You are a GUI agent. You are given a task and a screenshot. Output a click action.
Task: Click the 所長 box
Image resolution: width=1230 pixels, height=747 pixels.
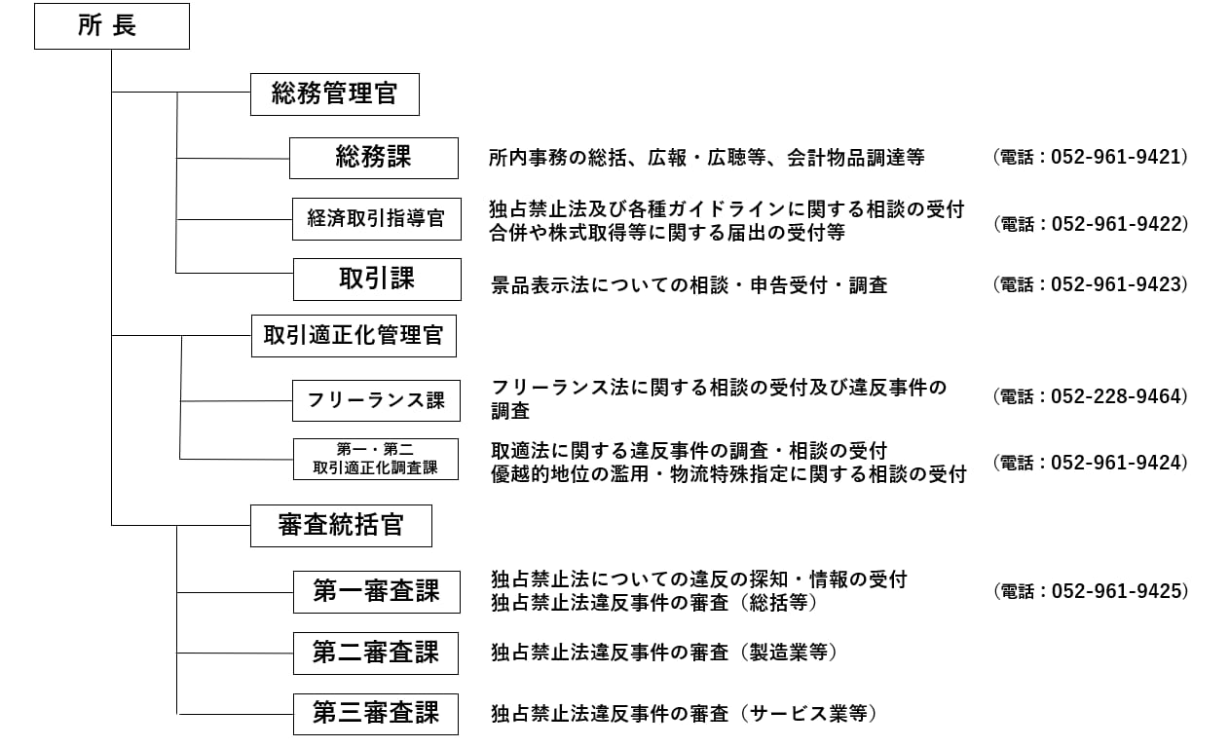111,26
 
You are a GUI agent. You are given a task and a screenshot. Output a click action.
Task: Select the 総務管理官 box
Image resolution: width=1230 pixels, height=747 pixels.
335,94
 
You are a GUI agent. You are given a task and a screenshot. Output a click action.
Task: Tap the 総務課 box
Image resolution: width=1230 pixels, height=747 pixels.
373,158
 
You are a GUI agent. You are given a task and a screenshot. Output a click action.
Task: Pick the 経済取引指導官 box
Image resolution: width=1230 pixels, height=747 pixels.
376,219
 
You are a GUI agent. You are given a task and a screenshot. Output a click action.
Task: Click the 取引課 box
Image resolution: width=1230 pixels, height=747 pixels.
376,280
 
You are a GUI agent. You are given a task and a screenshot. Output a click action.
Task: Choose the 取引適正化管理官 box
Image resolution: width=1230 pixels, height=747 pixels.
354,335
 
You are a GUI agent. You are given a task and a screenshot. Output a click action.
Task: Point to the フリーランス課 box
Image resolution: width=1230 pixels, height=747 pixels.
376,400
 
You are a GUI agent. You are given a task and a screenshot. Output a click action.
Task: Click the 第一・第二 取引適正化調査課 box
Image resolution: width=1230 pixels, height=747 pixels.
375,459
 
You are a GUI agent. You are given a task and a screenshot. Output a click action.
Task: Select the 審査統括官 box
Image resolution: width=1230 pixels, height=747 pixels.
341,526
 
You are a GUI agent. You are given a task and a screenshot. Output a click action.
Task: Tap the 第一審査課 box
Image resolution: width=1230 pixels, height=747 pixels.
376,591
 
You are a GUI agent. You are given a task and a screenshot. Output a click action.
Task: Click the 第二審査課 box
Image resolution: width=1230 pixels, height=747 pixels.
375,653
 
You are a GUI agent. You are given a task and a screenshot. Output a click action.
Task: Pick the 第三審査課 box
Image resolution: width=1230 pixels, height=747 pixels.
375,714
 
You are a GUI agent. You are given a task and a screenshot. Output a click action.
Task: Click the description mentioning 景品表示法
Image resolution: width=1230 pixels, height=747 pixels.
689,285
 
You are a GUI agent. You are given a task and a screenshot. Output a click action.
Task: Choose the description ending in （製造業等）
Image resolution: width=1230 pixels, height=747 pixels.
664,653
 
